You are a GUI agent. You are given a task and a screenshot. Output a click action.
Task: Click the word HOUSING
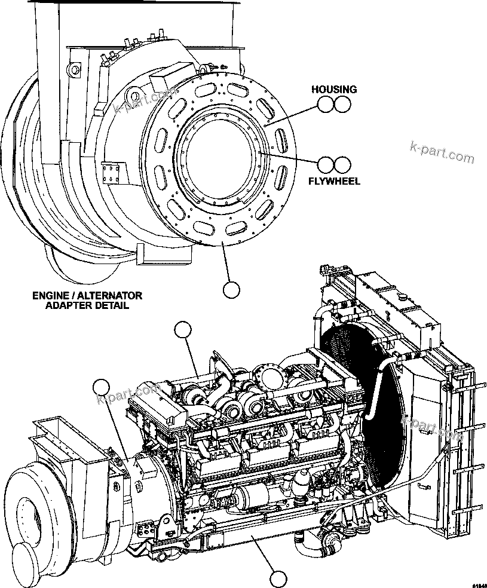tap(333, 90)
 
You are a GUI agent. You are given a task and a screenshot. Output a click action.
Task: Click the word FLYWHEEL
tap(333, 181)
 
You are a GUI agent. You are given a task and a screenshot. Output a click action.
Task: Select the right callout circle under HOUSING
tap(341, 105)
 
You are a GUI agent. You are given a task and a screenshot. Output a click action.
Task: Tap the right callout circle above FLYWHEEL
tap(341, 165)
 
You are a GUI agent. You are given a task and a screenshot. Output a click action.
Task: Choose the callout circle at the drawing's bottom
tap(277, 578)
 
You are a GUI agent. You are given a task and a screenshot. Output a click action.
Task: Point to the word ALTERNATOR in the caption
tap(111, 295)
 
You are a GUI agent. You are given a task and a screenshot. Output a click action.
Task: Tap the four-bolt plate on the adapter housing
tap(112, 175)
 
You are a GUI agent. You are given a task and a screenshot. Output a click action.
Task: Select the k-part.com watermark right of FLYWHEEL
tap(442, 152)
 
